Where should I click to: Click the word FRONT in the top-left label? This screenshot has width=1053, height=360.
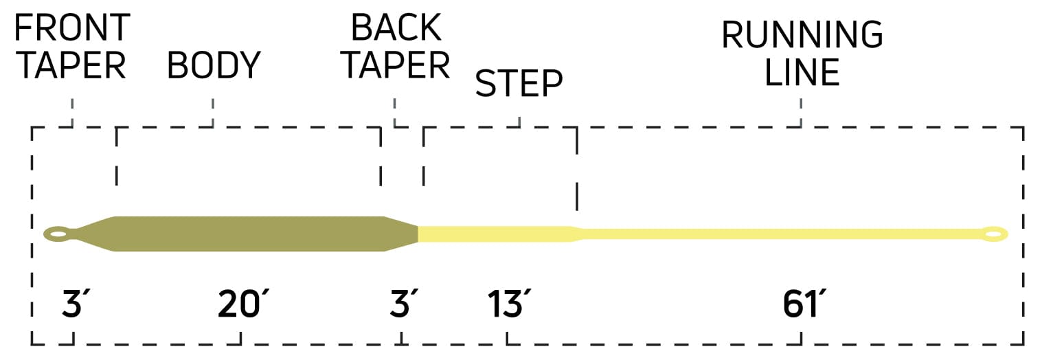[x=72, y=27]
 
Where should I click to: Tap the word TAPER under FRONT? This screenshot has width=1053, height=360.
[x=73, y=65]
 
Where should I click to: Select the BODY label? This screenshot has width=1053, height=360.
[x=214, y=65]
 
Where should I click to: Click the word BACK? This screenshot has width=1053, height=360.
[x=396, y=27]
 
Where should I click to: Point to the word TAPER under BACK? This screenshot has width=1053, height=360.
[x=396, y=65]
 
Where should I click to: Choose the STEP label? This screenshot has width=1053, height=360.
[x=519, y=83]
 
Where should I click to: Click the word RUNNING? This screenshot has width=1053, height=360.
[x=802, y=34]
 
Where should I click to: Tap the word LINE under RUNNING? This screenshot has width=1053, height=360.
[x=802, y=72]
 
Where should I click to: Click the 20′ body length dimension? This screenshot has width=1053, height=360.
[x=242, y=304]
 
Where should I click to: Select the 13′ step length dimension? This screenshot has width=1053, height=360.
[x=508, y=304]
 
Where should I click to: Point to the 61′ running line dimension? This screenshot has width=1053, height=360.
[x=804, y=304]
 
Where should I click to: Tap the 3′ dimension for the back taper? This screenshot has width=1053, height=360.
[x=403, y=304]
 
